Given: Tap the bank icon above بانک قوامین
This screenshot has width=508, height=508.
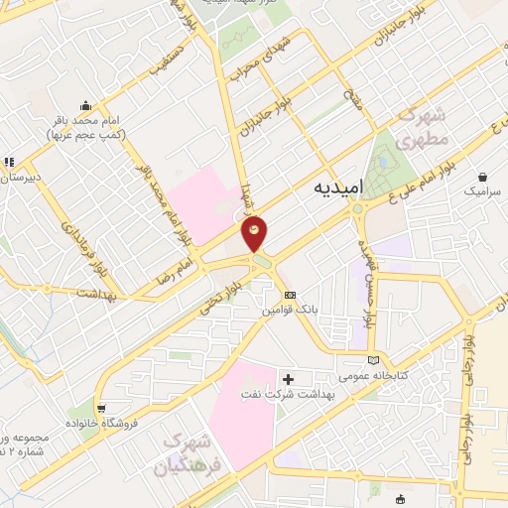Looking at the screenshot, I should pyautogui.click(x=290, y=296).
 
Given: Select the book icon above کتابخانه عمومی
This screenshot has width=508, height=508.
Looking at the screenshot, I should pyautogui.click(x=373, y=360).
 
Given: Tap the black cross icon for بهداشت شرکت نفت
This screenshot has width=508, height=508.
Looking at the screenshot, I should pyautogui.click(x=289, y=379).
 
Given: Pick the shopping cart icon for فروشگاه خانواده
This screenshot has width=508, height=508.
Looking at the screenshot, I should pyautogui.click(x=100, y=408).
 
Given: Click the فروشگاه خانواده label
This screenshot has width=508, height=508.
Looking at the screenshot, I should pyautogui.click(x=100, y=423).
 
